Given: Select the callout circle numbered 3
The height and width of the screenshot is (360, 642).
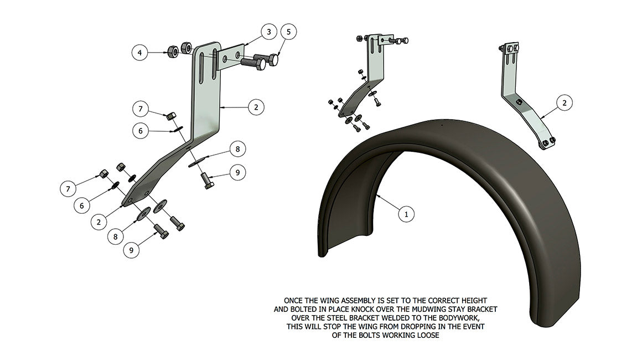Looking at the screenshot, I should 268,32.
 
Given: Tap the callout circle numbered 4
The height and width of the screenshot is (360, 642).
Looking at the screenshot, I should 140,53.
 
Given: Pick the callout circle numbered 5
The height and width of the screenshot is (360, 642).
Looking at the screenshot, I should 288,32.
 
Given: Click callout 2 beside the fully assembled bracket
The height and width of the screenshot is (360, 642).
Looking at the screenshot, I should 564,102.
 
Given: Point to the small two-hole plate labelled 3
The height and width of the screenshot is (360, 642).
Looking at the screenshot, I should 232,57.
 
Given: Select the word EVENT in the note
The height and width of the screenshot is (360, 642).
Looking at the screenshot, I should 472,327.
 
